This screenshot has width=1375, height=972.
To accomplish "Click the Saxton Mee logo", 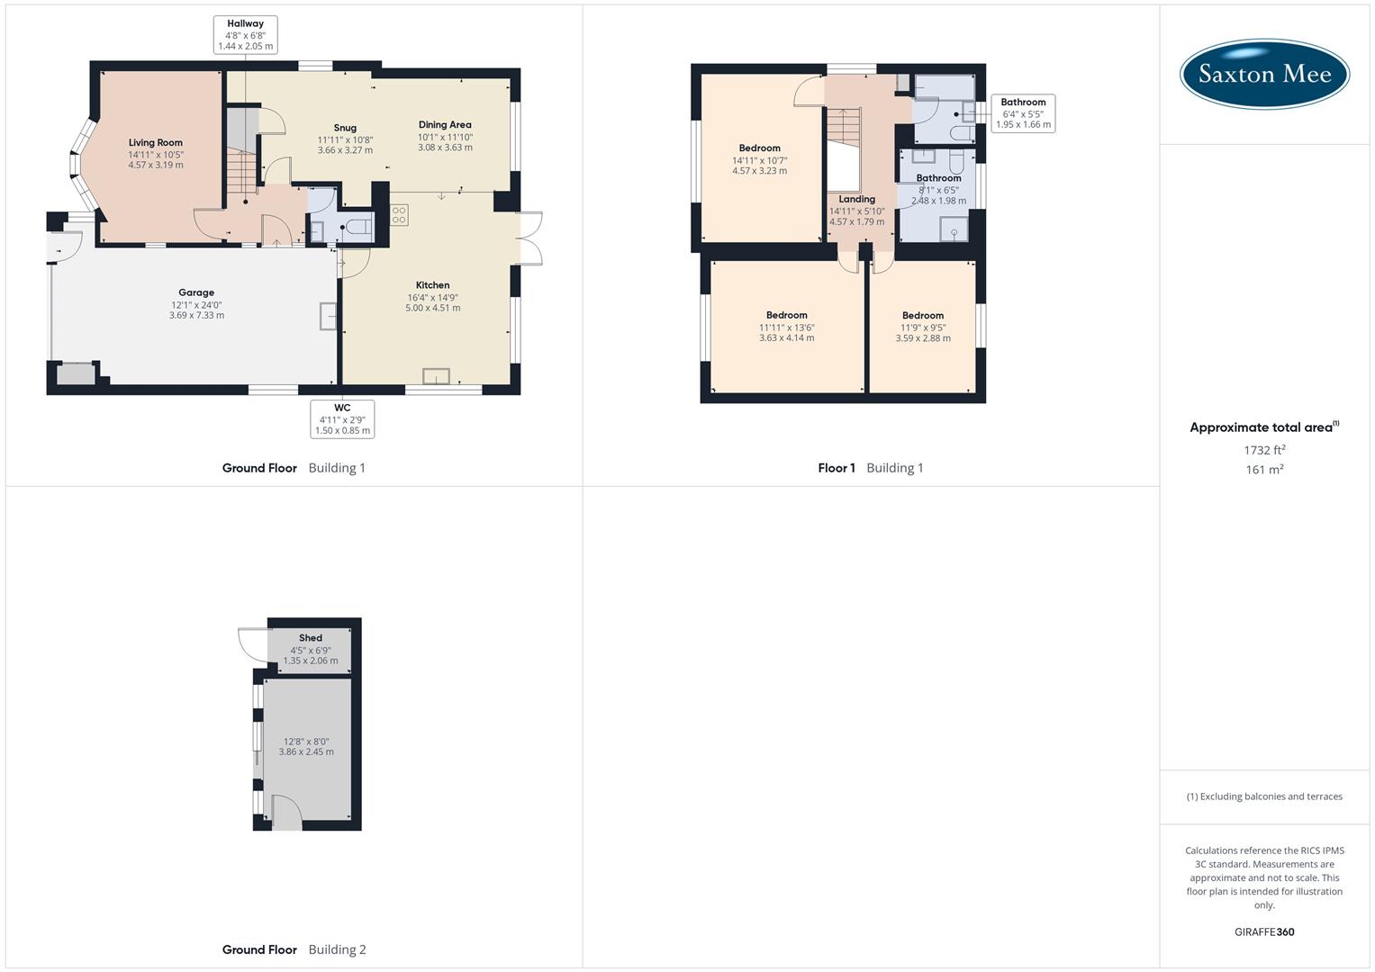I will click(1264, 74).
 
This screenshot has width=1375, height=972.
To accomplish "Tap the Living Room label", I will click(155, 143).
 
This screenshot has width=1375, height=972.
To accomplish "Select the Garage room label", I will click(196, 292).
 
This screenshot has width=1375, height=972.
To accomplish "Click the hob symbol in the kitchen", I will click(399, 215).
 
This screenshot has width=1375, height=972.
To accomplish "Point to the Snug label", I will click(345, 128).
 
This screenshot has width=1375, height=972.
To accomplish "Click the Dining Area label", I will click(445, 125).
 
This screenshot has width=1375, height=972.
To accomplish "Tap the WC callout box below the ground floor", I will click(342, 419).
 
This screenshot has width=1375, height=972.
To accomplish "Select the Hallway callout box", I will click(245, 35).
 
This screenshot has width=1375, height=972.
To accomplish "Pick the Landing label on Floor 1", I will click(856, 200).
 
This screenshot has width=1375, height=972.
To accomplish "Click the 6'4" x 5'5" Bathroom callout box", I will click(1023, 113).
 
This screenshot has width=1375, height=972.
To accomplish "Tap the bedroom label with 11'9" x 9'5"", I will click(923, 316).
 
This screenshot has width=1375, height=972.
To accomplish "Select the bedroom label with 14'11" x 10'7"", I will click(759, 148).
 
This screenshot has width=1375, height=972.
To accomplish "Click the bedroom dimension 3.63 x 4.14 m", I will click(786, 338).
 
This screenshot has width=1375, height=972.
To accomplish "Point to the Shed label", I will click(311, 638).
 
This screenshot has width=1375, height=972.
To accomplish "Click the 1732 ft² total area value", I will click(1264, 450).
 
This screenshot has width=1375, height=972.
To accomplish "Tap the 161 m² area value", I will click(1264, 470).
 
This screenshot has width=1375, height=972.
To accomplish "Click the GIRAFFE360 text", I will click(1264, 932).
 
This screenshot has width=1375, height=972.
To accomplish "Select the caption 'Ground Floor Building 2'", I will click(294, 949).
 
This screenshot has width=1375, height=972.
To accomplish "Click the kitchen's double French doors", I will click(531, 238).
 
